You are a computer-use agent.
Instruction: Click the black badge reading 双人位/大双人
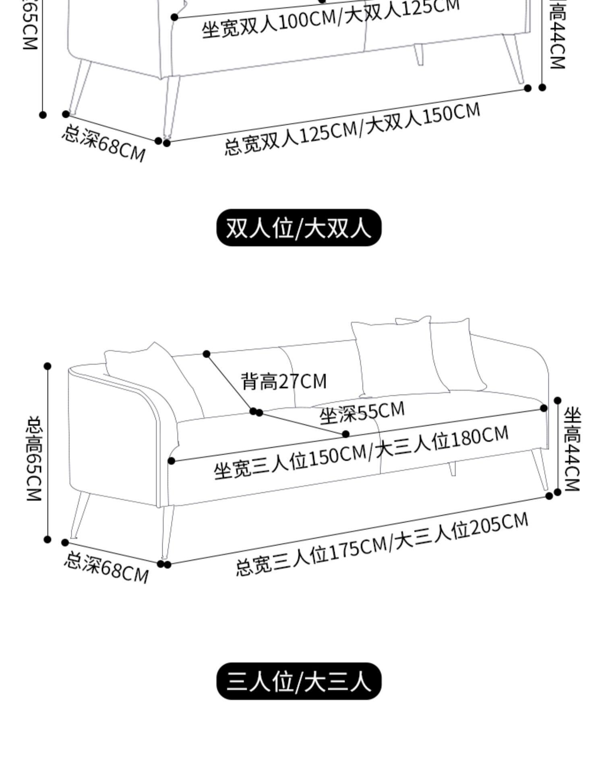click(299, 228)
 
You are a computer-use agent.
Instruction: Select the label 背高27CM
click(284, 381)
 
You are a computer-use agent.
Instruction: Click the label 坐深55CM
click(362, 412)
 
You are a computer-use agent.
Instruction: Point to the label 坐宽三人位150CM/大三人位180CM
click(361, 453)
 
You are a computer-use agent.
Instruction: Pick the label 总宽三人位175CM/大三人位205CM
click(381, 544)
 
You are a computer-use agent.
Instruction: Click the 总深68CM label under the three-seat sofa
click(106, 568)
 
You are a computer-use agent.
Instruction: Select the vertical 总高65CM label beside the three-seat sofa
click(35, 458)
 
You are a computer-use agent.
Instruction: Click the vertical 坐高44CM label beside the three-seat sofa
click(571, 449)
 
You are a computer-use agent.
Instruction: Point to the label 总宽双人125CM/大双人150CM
click(352, 128)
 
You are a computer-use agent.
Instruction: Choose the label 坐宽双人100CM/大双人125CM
click(330, 19)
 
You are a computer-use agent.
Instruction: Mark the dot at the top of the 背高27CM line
click(207, 354)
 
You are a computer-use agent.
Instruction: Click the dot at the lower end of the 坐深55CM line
click(345, 434)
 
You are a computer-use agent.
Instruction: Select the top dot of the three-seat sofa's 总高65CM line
click(48, 366)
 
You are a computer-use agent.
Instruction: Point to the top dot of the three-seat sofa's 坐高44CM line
click(557, 400)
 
